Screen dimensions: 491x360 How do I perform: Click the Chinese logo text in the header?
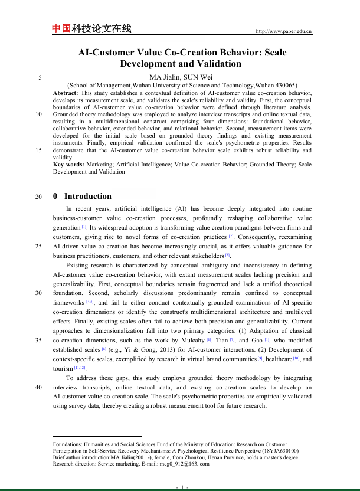(91, 29)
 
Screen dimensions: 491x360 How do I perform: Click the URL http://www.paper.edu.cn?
(283, 31)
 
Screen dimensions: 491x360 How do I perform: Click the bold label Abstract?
(66, 93)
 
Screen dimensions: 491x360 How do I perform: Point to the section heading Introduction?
(87, 197)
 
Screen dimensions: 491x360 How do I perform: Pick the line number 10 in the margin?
(38, 114)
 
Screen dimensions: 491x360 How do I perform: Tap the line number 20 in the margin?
(38, 197)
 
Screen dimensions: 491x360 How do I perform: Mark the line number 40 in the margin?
(38, 387)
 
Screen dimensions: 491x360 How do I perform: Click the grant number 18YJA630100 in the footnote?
(277, 451)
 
